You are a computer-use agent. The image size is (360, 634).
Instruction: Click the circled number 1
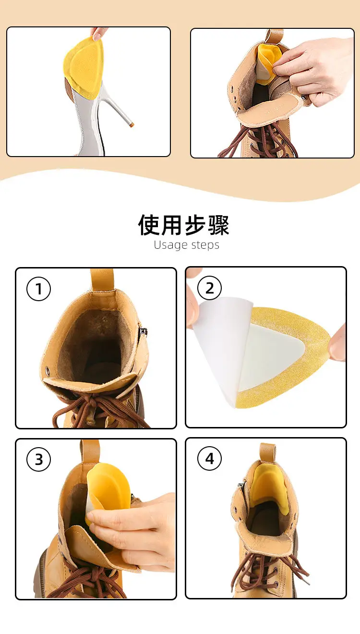click(x=39, y=289)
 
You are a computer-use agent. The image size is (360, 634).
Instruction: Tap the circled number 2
click(x=209, y=288)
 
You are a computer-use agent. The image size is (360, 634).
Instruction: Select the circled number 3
click(x=39, y=459)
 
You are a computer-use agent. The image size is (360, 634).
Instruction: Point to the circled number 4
click(x=209, y=458)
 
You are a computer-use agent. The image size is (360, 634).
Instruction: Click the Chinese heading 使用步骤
click(x=183, y=225)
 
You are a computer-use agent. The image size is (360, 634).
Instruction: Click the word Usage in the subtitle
click(x=170, y=245)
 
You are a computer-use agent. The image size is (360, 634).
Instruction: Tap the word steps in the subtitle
click(x=205, y=245)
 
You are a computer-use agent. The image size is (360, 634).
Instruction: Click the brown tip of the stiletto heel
click(x=132, y=124)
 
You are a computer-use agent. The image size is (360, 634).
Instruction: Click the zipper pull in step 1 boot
click(x=144, y=331)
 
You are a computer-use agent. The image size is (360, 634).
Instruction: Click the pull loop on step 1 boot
click(x=102, y=280)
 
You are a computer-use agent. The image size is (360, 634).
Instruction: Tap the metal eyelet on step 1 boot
click(x=48, y=371)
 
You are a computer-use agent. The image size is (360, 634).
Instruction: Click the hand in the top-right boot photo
click(x=314, y=71)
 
